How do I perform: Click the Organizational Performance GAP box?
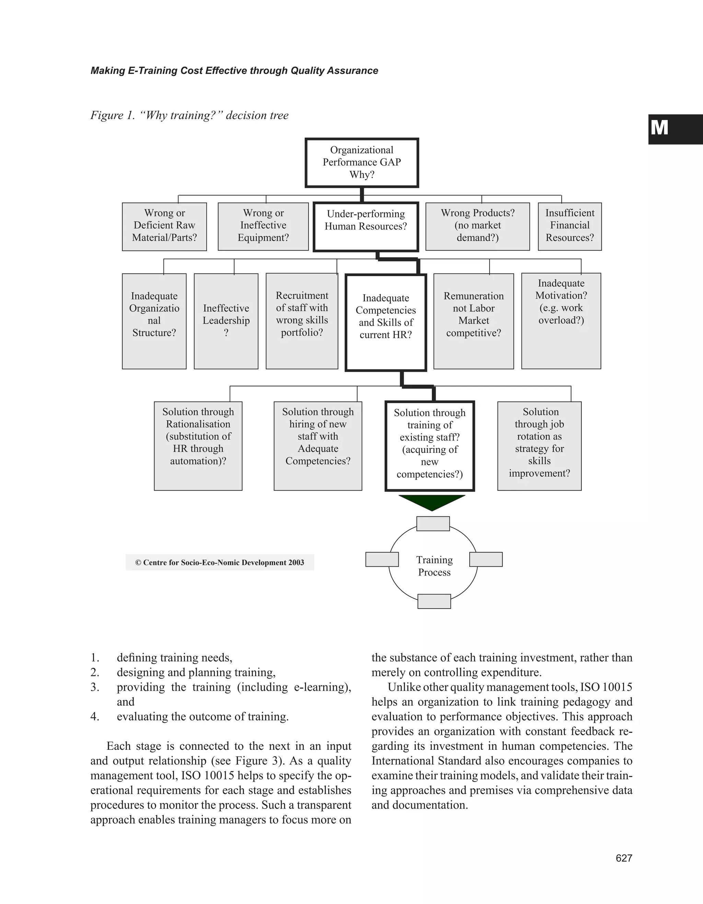pyautogui.click(x=362, y=163)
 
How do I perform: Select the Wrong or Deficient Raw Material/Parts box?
pyautogui.click(x=164, y=226)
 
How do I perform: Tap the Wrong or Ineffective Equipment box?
pyautogui.click(x=263, y=226)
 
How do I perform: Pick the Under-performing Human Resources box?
pyautogui.click(x=366, y=226)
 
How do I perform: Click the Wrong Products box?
pyautogui.click(x=477, y=226)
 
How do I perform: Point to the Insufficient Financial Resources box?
pyautogui.click(x=569, y=226)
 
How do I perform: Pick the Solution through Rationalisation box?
pyautogui.click(x=198, y=445)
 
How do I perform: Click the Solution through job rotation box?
pyautogui.click(x=539, y=445)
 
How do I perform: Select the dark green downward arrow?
pyautogui.click(x=432, y=502)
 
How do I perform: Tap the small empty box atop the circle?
pyautogui.click(x=433, y=524)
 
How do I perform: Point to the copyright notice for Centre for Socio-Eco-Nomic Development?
pyautogui.click(x=220, y=562)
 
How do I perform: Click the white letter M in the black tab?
pyautogui.click(x=659, y=128)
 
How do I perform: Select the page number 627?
pyautogui.click(x=624, y=858)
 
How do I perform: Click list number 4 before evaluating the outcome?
pyautogui.click(x=95, y=717)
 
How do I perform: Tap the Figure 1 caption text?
pyautogui.click(x=189, y=115)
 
